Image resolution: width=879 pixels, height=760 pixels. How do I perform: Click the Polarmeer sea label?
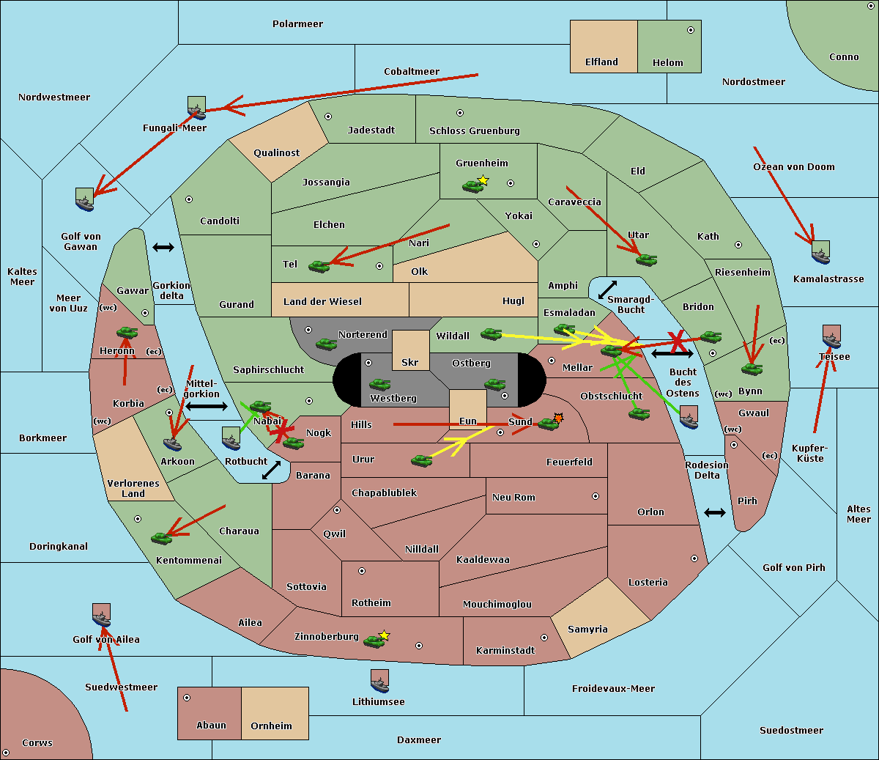(297, 24)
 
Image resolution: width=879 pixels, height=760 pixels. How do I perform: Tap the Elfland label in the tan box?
(601, 62)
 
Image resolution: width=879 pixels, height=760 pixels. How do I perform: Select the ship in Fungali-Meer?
(196, 108)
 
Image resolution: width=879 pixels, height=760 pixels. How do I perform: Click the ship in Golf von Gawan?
(85, 200)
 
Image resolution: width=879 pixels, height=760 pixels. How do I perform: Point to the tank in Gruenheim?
(472, 187)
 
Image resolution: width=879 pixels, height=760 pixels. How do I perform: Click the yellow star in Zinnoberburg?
(385, 635)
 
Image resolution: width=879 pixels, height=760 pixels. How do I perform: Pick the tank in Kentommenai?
(161, 539)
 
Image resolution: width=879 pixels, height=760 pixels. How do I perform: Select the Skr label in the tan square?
(410, 363)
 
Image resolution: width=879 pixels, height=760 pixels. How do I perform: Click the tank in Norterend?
(326, 344)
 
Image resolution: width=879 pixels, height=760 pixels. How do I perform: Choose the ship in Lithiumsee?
(379, 682)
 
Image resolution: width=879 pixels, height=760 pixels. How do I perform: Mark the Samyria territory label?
(587, 630)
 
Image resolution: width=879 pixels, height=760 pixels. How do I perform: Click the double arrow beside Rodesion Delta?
(715, 512)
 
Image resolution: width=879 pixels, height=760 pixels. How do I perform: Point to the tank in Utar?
(646, 259)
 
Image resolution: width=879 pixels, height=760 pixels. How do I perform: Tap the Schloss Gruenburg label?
(474, 131)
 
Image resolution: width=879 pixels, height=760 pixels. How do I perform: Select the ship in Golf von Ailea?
(102, 616)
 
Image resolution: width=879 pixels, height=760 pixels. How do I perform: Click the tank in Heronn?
(127, 333)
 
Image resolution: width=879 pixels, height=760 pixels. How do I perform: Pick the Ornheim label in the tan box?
(271, 726)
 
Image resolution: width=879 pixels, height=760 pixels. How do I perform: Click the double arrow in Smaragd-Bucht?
(607, 289)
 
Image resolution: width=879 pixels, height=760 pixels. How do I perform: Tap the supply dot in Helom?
(690, 30)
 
